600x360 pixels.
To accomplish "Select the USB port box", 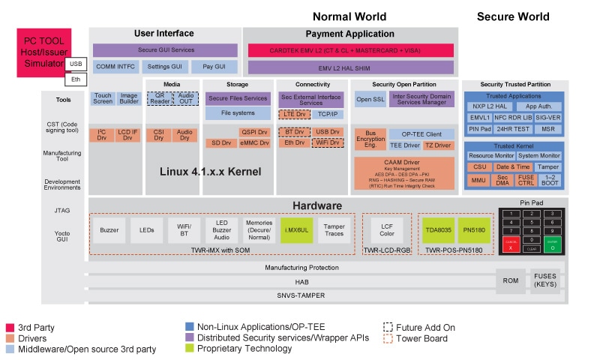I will click(x=75, y=64).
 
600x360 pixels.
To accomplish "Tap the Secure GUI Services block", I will click(x=165, y=50).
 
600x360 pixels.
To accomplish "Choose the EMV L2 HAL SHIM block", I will click(x=350, y=67).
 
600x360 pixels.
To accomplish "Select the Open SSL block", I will click(x=369, y=99).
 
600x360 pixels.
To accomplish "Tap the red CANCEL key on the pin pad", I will click(x=511, y=244).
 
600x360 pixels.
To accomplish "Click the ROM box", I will click(x=509, y=280).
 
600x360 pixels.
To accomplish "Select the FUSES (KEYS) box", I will click(x=545, y=280).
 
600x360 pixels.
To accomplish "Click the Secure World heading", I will click(x=513, y=16).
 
